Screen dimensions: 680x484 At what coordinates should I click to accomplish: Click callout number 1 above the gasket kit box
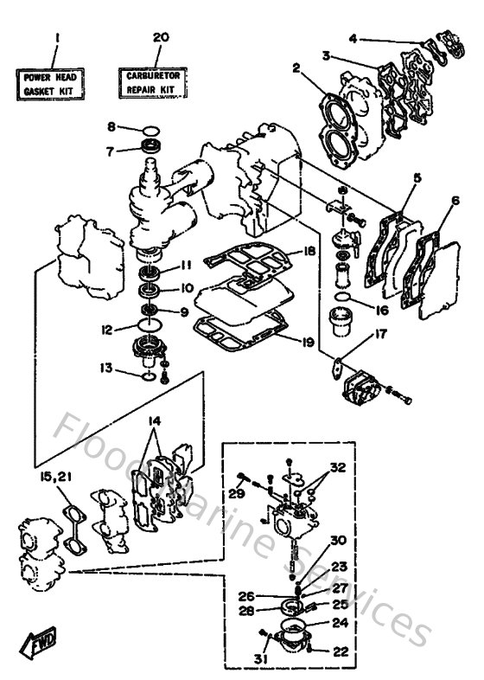point(56,38)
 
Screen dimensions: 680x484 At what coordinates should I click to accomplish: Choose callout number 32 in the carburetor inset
point(337,467)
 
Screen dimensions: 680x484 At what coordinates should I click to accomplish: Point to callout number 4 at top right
point(353,37)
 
